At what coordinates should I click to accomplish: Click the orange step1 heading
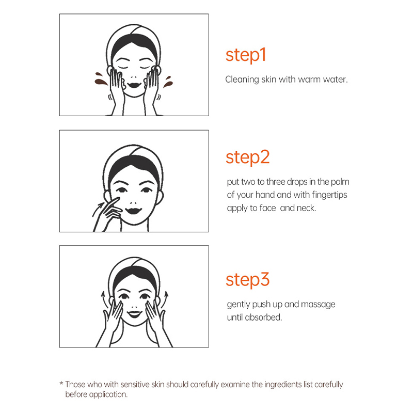(246, 55)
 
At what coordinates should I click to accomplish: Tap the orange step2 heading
(248, 157)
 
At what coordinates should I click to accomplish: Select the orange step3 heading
(248, 280)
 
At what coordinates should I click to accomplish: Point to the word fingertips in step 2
(329, 195)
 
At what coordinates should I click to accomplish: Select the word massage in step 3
(318, 305)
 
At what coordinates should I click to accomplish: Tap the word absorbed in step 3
(263, 317)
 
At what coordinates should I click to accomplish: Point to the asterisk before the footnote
(61, 383)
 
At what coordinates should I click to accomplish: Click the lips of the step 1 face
(135, 85)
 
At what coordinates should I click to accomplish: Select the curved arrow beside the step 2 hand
(98, 209)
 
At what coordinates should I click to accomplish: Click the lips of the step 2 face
(134, 211)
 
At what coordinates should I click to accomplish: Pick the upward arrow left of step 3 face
(105, 300)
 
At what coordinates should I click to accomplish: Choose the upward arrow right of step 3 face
(164, 300)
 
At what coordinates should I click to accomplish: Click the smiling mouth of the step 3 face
(134, 314)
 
